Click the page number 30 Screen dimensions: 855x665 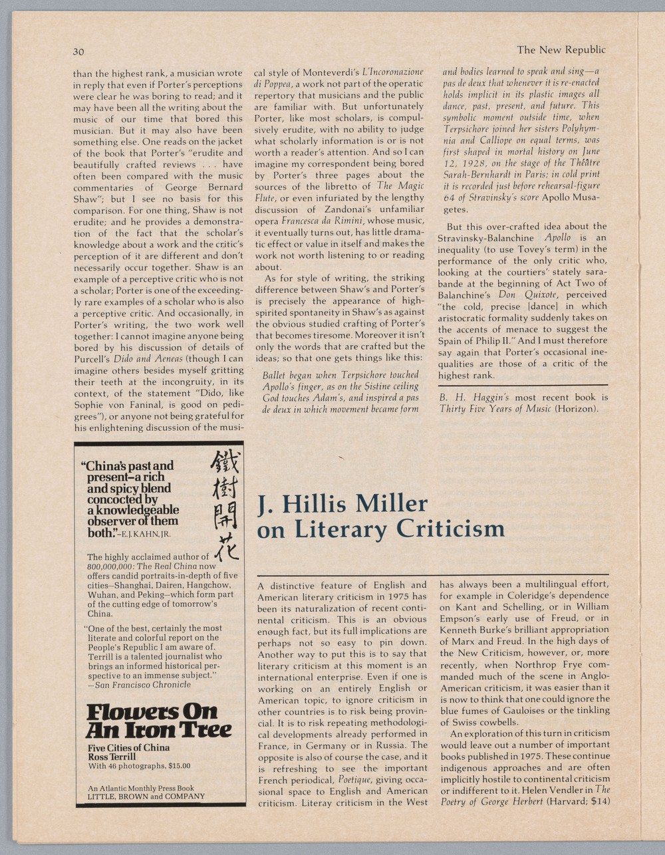(x=78, y=51)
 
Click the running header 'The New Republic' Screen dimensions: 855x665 (x=561, y=50)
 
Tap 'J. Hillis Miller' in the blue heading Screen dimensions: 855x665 (x=342, y=503)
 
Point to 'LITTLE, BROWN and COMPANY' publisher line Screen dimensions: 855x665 (x=146, y=795)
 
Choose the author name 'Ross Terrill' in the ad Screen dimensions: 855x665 (x=112, y=756)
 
